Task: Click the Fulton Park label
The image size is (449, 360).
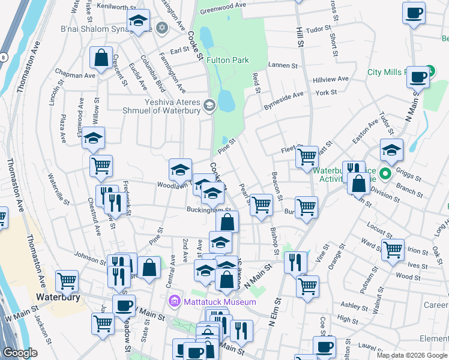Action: point(228,60)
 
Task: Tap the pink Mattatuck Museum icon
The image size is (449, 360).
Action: point(175,301)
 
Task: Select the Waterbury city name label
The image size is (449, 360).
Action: point(58,297)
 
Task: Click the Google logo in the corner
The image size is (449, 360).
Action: point(20,353)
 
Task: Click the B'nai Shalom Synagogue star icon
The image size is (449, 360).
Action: point(161,28)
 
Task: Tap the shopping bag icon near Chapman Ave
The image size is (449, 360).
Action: point(101,59)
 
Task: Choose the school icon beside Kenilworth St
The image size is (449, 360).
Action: point(138,22)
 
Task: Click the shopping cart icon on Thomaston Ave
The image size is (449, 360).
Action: point(67,280)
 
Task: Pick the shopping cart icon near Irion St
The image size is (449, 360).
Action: point(393,248)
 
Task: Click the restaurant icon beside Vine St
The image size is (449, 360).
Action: point(295,262)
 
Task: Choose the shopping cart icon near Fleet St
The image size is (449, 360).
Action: point(307,157)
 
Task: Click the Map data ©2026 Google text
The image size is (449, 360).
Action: point(411,355)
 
